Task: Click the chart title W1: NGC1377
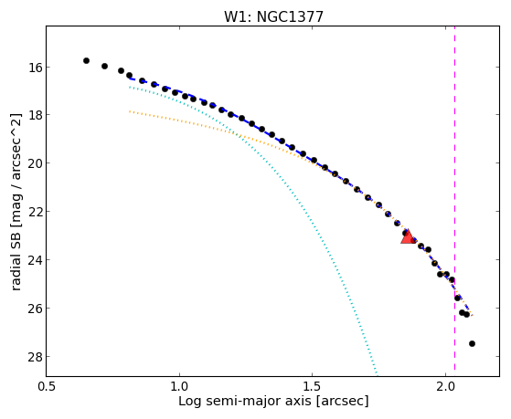click(273, 17)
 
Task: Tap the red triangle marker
click(408, 236)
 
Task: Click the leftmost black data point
click(86, 60)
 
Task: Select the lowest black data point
click(472, 343)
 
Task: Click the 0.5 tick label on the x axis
click(47, 386)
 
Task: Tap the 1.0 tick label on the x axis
click(179, 386)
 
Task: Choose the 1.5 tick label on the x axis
click(313, 386)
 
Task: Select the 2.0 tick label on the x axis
click(445, 386)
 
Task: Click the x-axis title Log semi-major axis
click(245, 401)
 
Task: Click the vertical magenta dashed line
click(454, 201)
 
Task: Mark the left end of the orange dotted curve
click(130, 111)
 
